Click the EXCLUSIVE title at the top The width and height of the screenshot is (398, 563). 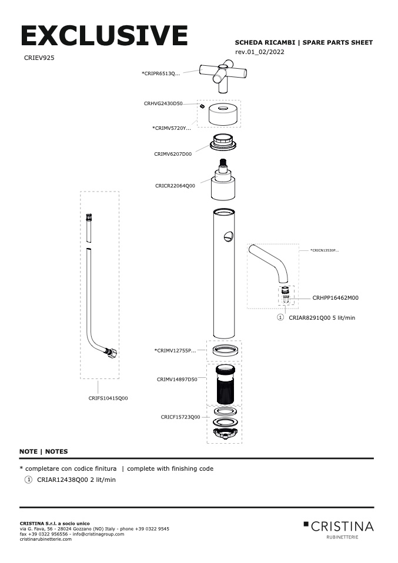coord(104,36)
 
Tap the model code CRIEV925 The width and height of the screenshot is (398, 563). coord(39,58)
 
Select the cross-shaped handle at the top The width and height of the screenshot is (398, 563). coord(223,76)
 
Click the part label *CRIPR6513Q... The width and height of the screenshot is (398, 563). coord(160,73)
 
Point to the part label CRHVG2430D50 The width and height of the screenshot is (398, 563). coord(163,103)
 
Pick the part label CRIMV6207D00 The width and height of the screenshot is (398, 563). coord(173,154)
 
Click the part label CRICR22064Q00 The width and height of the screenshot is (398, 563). coord(175,186)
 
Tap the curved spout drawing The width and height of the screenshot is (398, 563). coord(270,262)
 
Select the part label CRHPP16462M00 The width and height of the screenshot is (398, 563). coord(335,298)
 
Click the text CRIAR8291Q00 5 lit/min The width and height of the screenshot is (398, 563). coord(322,317)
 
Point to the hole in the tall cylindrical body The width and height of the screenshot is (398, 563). coord(228,236)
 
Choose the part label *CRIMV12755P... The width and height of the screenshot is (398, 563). coord(175,351)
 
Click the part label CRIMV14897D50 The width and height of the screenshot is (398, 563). coord(176,380)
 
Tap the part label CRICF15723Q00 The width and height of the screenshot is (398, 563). coord(180,417)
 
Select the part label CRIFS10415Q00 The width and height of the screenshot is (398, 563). coord(108,398)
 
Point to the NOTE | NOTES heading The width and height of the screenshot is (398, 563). coord(44,451)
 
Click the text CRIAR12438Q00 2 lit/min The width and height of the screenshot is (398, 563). coord(76,480)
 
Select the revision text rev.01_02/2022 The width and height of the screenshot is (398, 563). coord(259,52)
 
